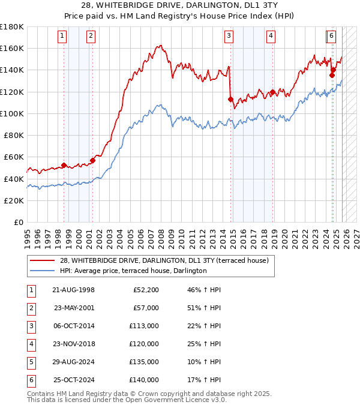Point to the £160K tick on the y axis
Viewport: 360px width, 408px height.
(13, 48)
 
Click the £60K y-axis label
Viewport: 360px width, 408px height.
(14, 157)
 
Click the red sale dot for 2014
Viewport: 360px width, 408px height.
(231, 99)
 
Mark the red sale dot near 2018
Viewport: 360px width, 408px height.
(273, 92)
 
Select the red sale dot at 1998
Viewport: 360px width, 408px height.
(64, 166)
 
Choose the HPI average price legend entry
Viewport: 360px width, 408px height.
(133, 271)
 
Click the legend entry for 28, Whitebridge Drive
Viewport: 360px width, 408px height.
(167, 260)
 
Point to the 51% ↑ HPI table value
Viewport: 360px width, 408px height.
(205, 308)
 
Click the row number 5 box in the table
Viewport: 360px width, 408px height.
(29, 362)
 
